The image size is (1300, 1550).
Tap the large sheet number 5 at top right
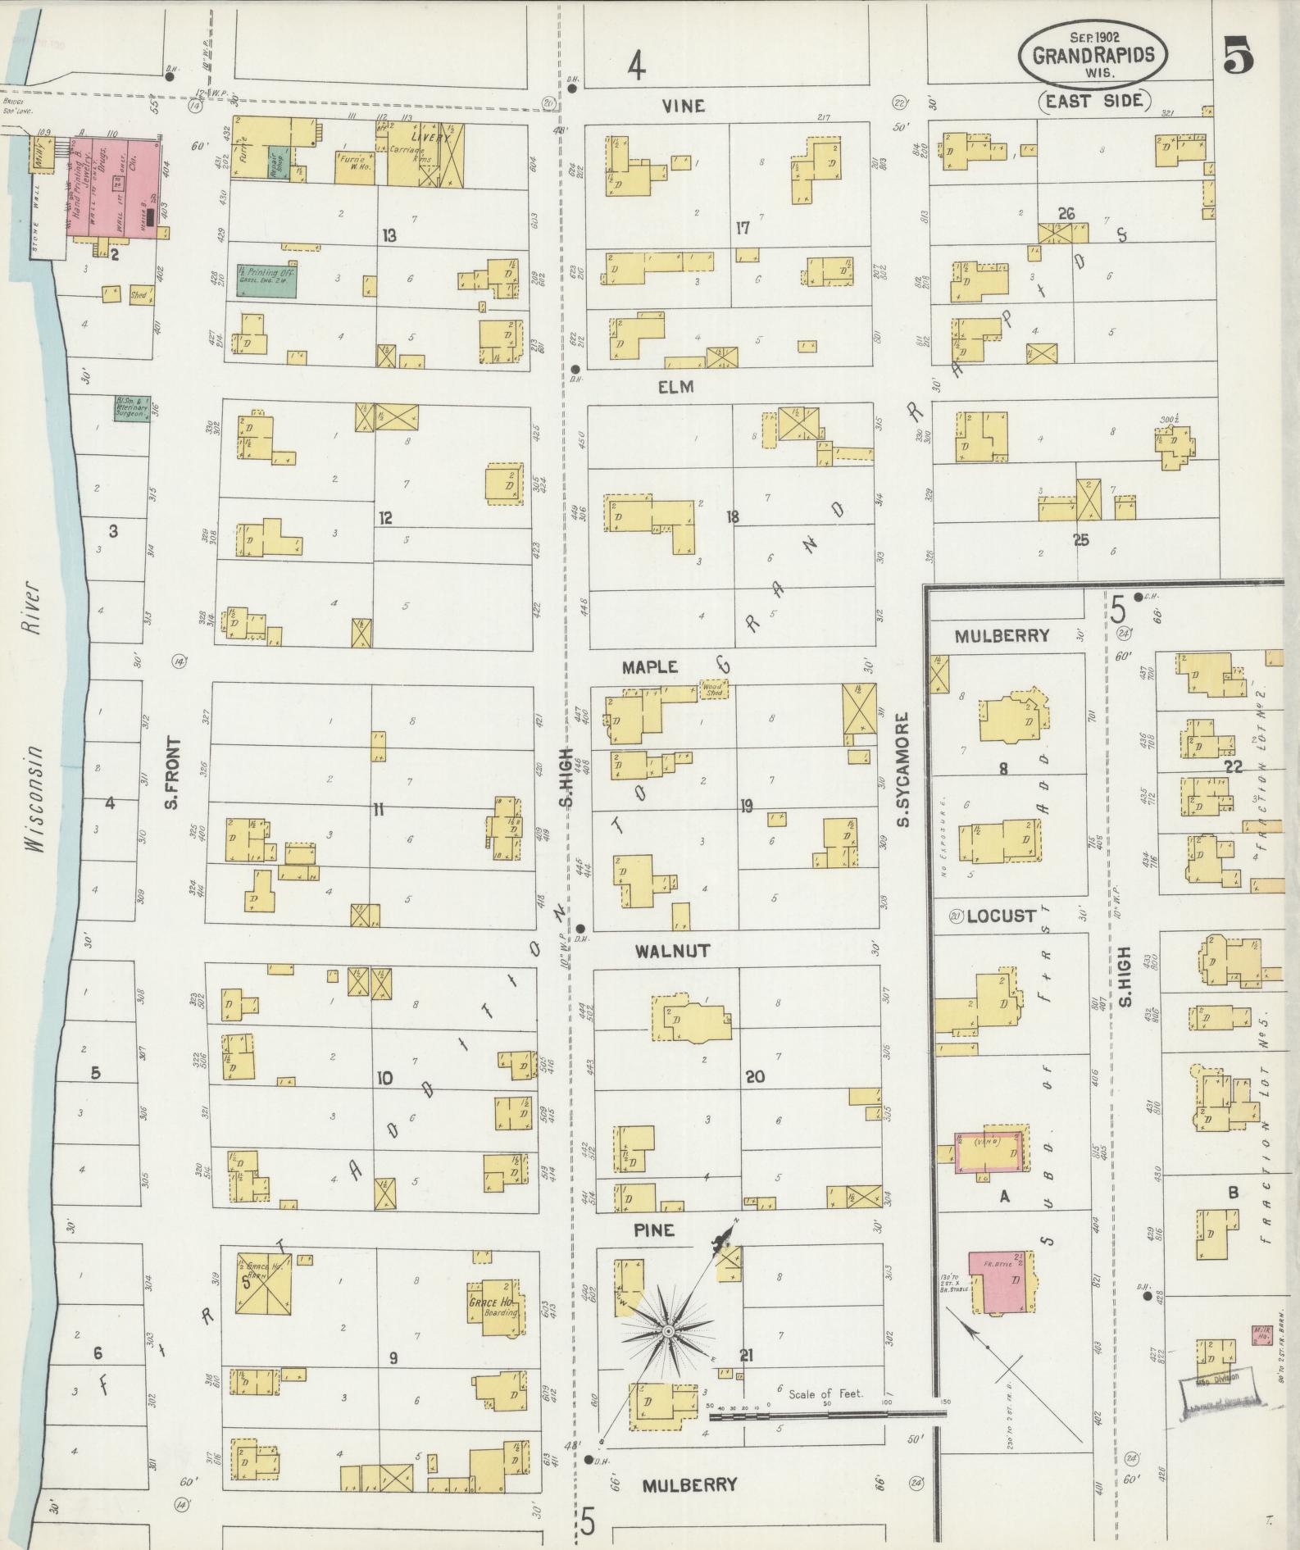[x=1238, y=57]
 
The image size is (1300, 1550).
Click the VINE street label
[x=684, y=107]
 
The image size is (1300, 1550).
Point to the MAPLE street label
[x=651, y=667]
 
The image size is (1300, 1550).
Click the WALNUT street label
[x=672, y=951]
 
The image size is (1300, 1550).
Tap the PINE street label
[x=654, y=1230]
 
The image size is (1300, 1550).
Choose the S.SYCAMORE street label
[x=902, y=770]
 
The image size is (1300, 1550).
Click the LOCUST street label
[x=1001, y=916]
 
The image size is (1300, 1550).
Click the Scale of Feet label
[x=825, y=1393]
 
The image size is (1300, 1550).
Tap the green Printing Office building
[x=266, y=280]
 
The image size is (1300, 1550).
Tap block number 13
[x=389, y=235]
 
